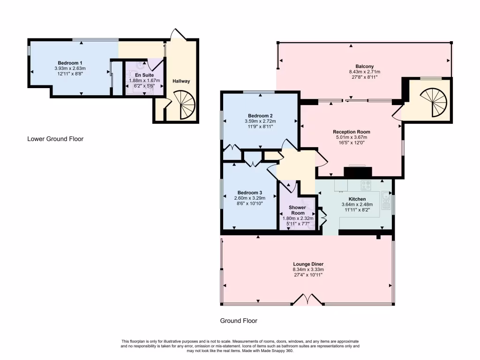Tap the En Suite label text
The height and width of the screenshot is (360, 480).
[x=144, y=75]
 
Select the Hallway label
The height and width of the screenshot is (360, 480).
[x=181, y=81]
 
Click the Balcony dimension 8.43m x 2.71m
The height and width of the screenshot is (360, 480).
[x=364, y=72]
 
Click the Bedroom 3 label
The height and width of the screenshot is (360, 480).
[x=249, y=193]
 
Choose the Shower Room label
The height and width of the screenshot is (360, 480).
[x=297, y=210]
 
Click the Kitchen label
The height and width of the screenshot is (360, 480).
[x=357, y=199]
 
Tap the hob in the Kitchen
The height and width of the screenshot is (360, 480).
[x=366, y=184]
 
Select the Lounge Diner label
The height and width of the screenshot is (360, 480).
[x=308, y=264]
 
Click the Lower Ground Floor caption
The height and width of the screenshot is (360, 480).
[x=55, y=139]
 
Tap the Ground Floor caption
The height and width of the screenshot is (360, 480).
[x=239, y=321]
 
